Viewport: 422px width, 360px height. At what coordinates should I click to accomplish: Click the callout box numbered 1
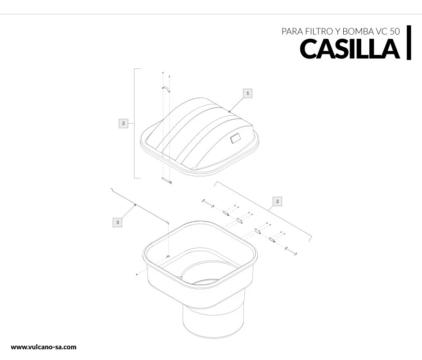click(x=247, y=93)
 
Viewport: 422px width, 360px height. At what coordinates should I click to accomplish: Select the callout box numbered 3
click(x=117, y=222)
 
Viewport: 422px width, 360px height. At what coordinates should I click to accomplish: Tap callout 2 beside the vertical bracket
click(x=123, y=123)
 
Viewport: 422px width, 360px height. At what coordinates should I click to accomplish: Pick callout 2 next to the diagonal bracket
click(x=277, y=201)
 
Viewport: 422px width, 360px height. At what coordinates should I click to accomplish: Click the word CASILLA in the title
click(x=350, y=49)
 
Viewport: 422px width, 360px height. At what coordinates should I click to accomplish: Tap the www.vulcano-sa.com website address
click(x=44, y=347)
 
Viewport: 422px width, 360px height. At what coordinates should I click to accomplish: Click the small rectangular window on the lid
click(x=235, y=139)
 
